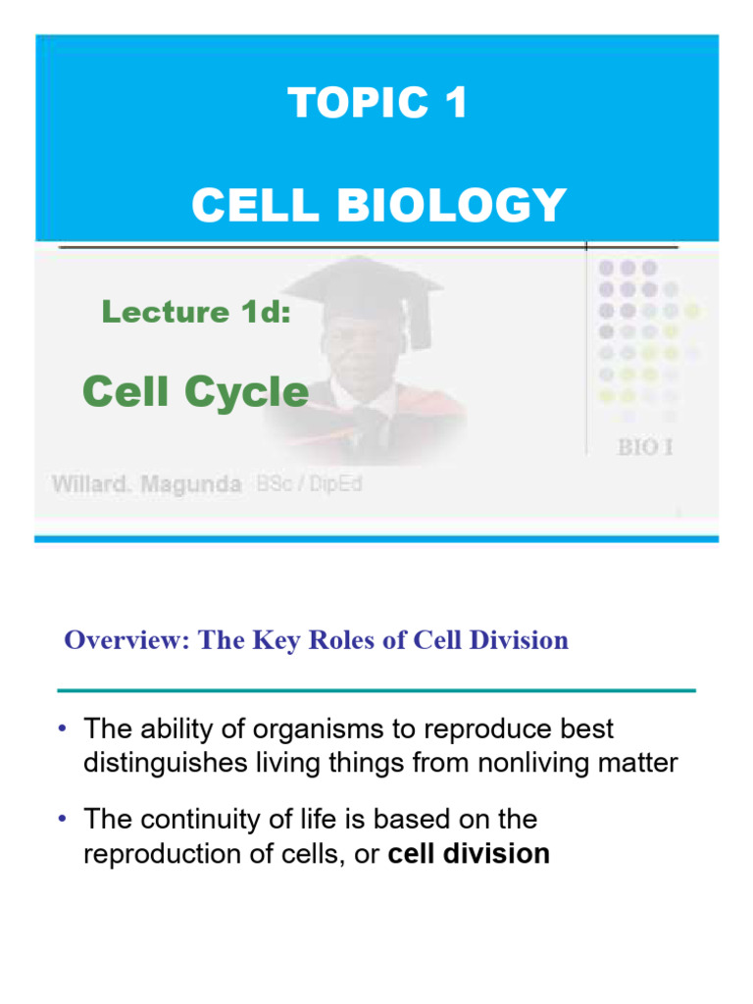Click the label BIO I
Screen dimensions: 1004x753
point(644,448)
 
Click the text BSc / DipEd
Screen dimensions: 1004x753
point(307,484)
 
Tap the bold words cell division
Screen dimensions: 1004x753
point(469,854)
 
